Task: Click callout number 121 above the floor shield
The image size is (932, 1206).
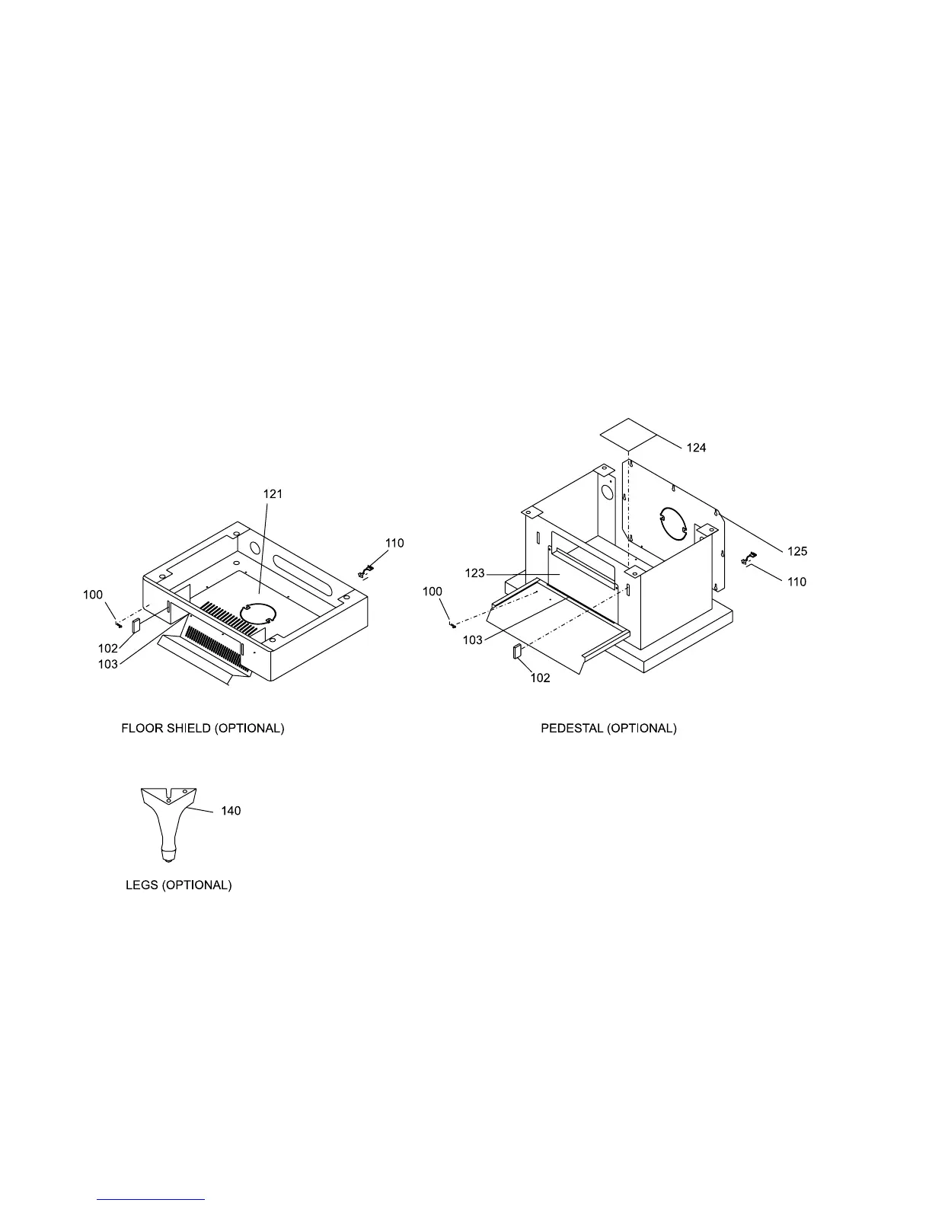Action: click(x=273, y=494)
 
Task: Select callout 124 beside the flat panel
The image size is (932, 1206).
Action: click(x=696, y=448)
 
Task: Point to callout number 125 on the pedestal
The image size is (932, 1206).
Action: click(x=797, y=550)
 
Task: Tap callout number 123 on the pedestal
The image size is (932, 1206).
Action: click(x=474, y=573)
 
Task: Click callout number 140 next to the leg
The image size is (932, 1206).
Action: click(x=231, y=811)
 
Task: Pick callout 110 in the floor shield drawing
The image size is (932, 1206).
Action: click(x=394, y=543)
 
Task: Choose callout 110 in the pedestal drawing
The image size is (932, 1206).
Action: click(x=796, y=582)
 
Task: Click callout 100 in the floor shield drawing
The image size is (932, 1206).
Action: click(x=93, y=595)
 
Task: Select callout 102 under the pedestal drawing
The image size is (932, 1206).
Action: click(x=540, y=678)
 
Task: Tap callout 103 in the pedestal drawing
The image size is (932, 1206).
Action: click(x=472, y=640)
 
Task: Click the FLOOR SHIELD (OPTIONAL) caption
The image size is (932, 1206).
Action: click(x=203, y=729)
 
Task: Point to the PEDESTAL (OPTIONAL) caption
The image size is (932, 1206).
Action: click(x=608, y=729)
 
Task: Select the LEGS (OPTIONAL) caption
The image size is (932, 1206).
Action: click(x=178, y=885)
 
